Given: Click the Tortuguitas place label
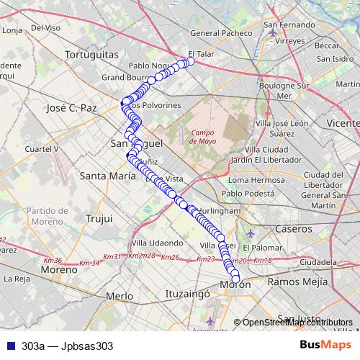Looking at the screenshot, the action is [x=91, y=55].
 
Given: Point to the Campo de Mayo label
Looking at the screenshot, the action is [x=204, y=137].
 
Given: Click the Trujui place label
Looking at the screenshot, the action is [x=99, y=217].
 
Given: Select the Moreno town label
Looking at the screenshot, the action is [x=58, y=270].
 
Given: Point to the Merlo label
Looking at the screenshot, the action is [x=120, y=296].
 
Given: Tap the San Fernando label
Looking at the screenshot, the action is [x=294, y=24].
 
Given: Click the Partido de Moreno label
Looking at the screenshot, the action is [x=47, y=216].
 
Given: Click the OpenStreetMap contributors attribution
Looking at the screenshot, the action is [x=297, y=323].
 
